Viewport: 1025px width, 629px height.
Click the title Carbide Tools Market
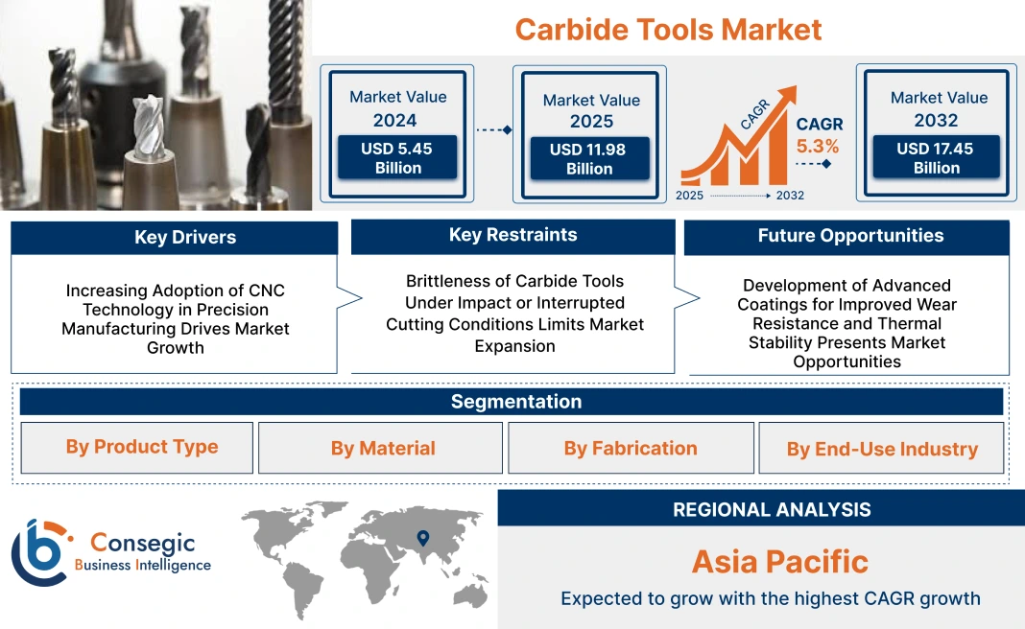668,30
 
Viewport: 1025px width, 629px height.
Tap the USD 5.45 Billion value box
396,157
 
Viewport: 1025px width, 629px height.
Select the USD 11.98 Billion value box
589,158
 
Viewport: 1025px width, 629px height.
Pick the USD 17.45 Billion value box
936,156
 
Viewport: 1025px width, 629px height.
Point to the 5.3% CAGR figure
817,146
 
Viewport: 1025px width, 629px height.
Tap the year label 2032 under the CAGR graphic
790,196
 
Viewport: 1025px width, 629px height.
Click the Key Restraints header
513,236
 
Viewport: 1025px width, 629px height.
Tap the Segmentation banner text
516,402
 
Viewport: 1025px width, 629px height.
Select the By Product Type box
136,448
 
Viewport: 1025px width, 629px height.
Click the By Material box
380,448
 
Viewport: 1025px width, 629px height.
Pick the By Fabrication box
631,448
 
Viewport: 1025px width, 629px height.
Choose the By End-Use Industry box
881,448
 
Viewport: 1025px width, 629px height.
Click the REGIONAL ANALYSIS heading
772,509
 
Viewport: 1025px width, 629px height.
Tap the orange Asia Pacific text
780,562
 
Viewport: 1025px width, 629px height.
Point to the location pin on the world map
423,538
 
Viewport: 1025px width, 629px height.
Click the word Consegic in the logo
142,543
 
